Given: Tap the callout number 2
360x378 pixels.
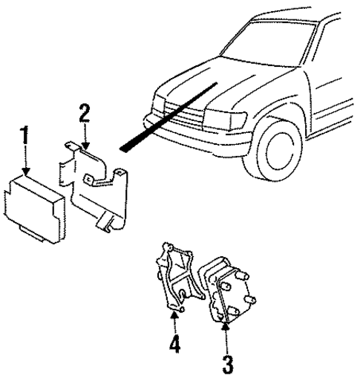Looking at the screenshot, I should (85, 114).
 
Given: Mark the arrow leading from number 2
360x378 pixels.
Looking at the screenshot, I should (86, 137).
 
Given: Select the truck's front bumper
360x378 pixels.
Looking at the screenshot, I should (193, 134).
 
